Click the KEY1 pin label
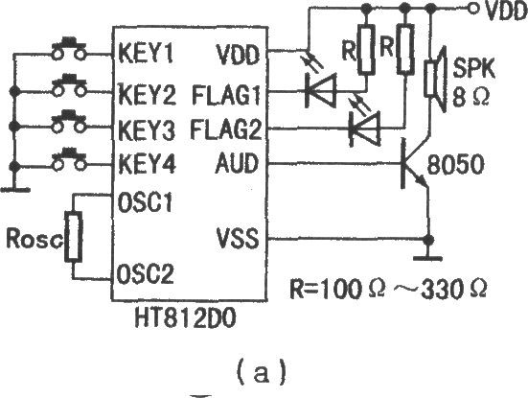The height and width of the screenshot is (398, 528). coord(146,54)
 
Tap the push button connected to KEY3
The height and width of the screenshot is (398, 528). coord(69,122)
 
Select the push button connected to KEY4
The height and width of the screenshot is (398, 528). coord(69,159)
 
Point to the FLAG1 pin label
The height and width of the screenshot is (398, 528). coord(226,95)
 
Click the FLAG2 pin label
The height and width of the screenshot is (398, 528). coord(225,129)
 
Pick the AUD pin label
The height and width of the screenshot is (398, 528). coord(237,163)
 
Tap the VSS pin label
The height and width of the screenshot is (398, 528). coord(238,238)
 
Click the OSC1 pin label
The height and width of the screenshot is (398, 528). coord(145,202)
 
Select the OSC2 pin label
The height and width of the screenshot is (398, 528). coord(145,273)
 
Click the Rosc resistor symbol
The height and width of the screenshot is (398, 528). coord(74,237)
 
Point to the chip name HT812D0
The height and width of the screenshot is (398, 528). coord(185,318)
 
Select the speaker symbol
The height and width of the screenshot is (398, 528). coord(435,79)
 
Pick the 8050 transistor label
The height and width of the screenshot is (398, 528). coord(455,165)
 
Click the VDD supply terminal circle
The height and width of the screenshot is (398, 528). coord(473,9)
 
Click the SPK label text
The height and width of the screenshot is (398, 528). coord(474,68)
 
